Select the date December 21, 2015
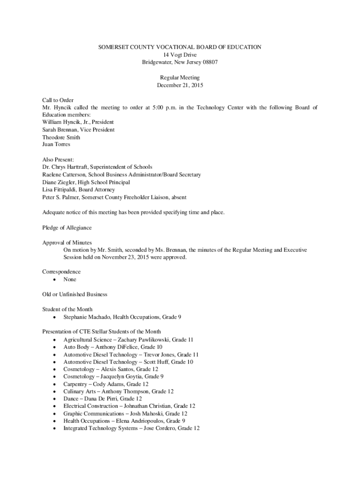[180, 85]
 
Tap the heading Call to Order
[58, 100]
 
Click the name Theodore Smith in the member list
[61, 138]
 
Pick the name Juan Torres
[56, 145]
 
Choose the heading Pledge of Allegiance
[67, 228]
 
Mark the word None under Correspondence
[70, 280]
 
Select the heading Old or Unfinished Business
[75, 295]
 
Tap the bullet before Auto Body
[55, 347]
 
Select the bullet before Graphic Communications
[55, 414]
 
